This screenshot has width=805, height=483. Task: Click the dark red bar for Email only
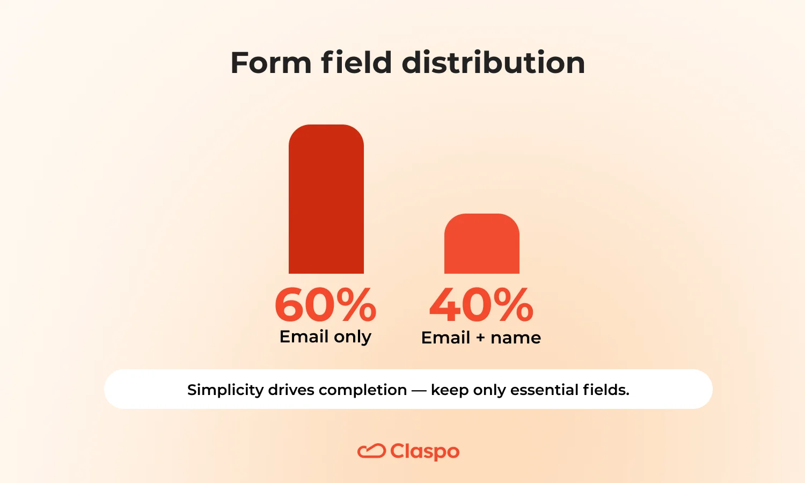coord(326,200)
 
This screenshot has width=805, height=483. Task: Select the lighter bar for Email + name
coord(482,244)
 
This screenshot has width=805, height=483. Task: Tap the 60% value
coord(326,305)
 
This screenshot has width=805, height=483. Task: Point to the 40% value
coord(481,305)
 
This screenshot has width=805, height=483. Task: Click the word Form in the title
coord(270,63)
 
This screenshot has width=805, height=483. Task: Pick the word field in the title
coord(356,63)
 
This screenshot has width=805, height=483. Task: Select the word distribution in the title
coord(493,63)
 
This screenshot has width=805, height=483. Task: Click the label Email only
coord(325,337)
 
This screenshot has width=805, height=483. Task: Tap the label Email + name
coord(481,338)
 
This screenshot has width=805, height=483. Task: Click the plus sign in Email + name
coord(480,338)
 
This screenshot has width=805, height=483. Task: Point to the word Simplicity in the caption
coord(225,390)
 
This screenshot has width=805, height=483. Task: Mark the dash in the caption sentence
coord(419,390)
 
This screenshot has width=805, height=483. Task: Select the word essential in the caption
coord(543,390)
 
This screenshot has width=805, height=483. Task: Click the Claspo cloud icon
coord(371,451)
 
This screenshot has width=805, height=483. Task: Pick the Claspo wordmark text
coord(425,452)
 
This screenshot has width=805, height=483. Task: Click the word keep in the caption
coord(450,390)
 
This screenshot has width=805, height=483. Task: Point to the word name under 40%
coord(516,338)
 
